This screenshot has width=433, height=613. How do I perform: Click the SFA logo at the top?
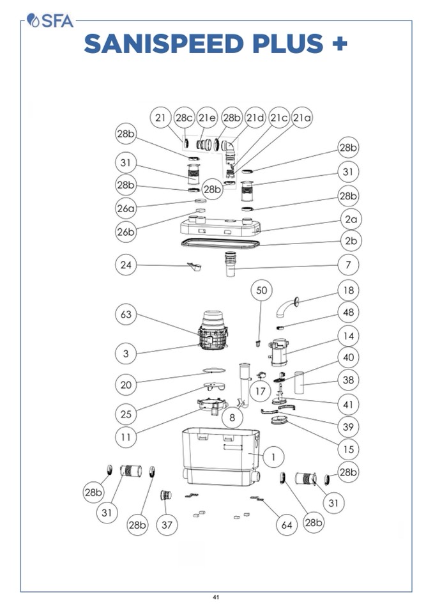coord(50,20)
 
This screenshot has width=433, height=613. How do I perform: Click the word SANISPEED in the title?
coord(162,43)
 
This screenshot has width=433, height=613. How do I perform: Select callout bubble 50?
coord(262,291)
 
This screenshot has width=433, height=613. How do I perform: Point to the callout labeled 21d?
coord(255,118)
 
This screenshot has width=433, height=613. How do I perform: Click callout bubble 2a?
coord(350,219)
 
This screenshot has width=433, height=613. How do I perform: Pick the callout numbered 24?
coord(127,263)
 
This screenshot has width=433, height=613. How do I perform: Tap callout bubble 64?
coord(287,525)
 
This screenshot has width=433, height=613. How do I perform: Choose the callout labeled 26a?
coord(126,208)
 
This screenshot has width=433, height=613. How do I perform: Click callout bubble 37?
coord(167,525)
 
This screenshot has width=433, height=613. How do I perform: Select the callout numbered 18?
coord(348,290)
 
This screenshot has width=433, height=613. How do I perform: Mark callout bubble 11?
coord(126,437)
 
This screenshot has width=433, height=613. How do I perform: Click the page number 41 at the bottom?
coord(216,598)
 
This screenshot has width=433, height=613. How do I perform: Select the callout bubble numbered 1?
coord(273,457)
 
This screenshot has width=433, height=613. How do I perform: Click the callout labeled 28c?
coord(185,118)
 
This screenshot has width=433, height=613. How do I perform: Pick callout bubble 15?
coord(348,449)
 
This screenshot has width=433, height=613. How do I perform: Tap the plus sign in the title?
coord(340,43)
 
